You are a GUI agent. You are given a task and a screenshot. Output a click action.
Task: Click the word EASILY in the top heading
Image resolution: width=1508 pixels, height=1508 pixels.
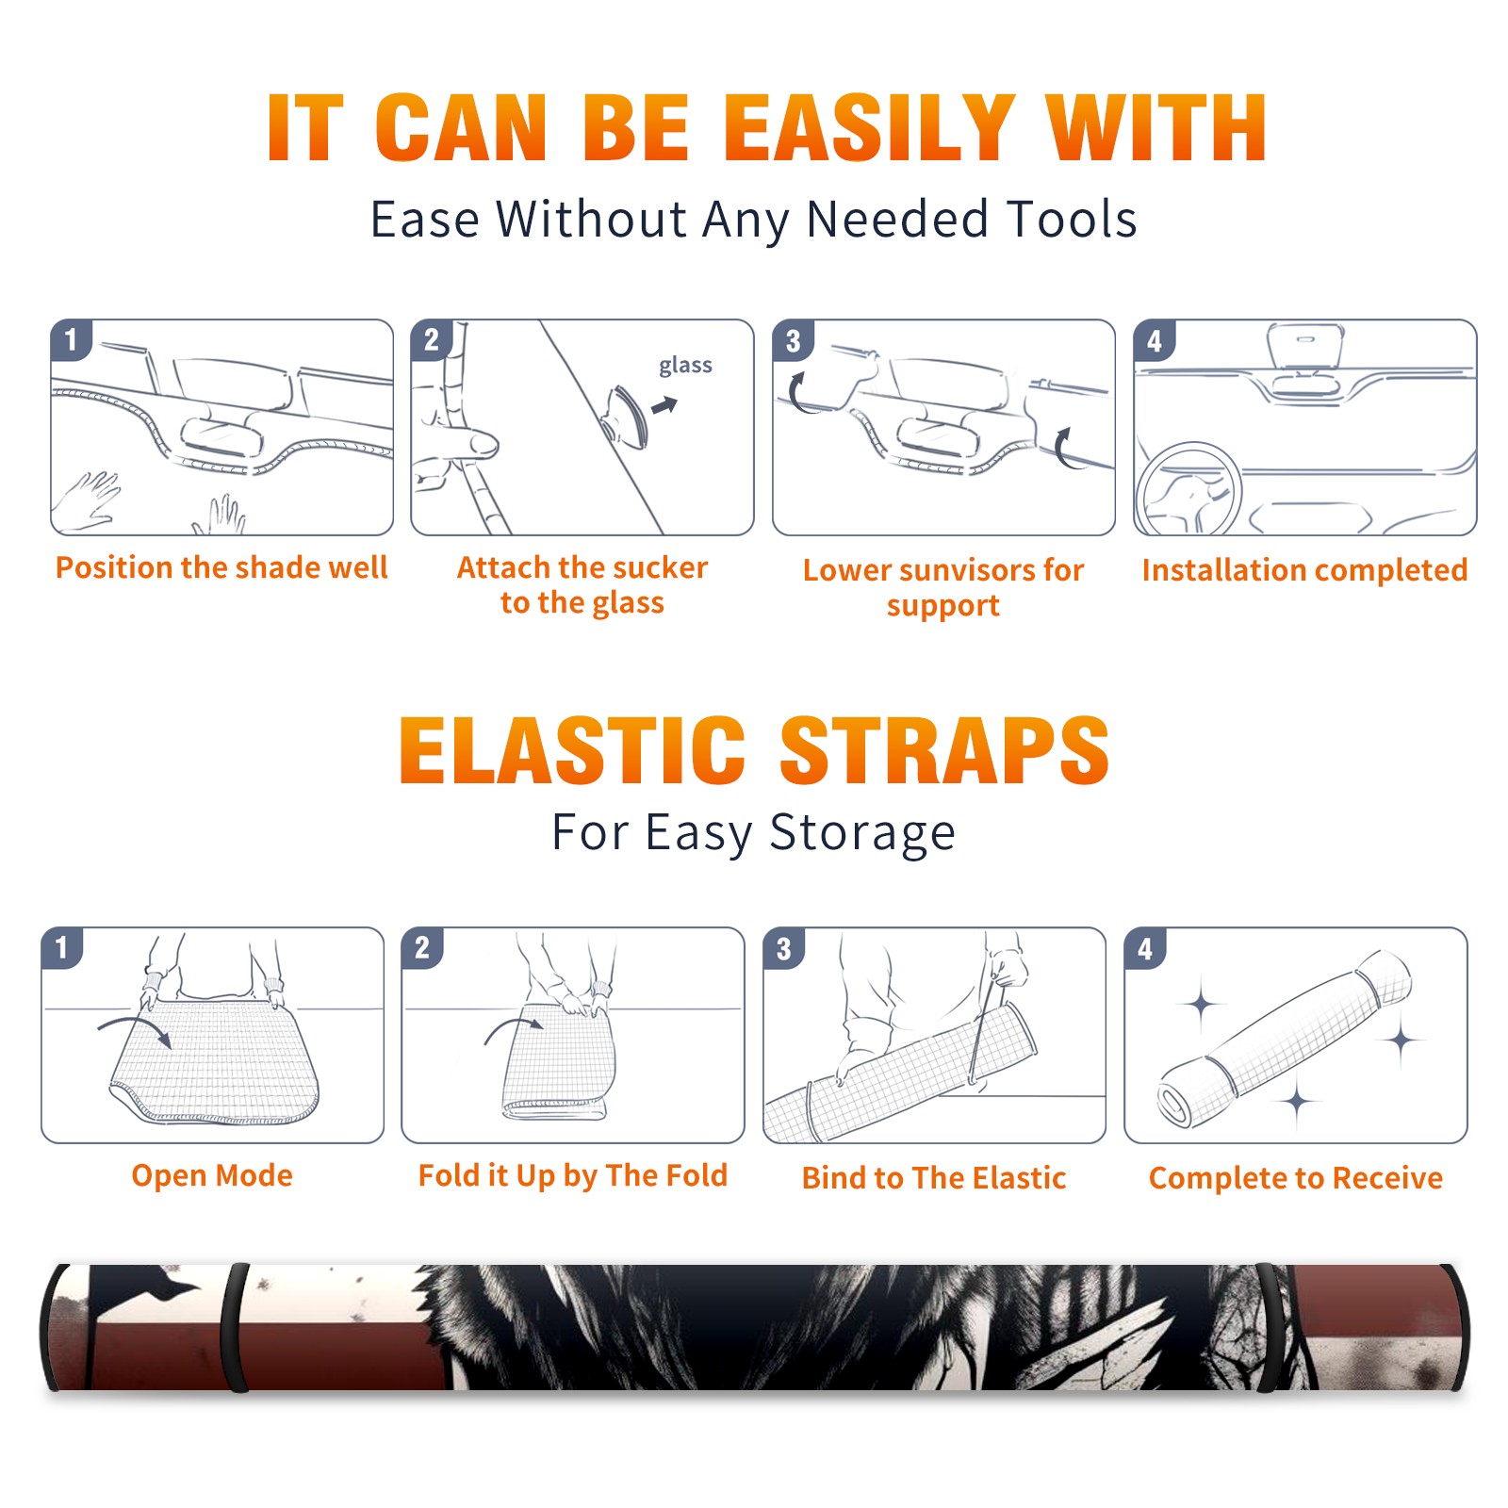[869, 128]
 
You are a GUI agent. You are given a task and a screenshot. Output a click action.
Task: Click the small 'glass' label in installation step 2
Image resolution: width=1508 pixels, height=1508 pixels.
[685, 366]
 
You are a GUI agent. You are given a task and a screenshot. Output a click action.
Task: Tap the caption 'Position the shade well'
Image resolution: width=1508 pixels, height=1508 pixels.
[221, 567]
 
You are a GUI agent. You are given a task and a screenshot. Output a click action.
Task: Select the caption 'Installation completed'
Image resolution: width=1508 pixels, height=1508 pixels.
[1304, 570]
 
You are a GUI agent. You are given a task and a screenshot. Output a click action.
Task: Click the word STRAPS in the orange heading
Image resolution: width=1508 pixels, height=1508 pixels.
[944, 750]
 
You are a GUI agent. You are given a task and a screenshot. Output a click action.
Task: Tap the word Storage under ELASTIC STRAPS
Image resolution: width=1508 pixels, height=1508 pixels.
[862, 833]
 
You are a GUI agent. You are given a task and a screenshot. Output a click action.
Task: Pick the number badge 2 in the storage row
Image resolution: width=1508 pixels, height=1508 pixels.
[422, 948]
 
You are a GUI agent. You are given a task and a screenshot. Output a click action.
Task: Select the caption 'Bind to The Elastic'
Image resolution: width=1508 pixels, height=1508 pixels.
[933, 1178]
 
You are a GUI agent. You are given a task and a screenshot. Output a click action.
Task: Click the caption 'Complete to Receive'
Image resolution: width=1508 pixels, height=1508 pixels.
[1296, 1178]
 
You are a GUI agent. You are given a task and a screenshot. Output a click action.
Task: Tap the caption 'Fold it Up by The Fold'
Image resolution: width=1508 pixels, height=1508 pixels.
[573, 1175]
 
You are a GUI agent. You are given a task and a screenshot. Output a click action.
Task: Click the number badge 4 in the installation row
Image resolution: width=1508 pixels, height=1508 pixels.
[1155, 341]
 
